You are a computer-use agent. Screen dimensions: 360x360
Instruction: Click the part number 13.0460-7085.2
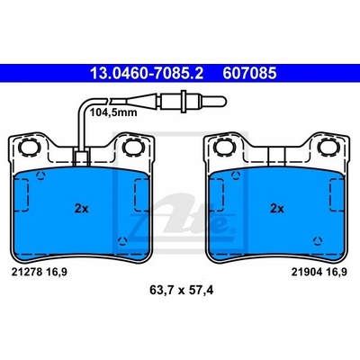(147, 74)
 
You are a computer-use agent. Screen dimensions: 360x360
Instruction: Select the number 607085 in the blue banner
(249, 74)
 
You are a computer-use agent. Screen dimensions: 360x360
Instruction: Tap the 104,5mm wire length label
(113, 112)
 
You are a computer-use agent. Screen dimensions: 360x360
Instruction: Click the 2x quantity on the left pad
(82, 209)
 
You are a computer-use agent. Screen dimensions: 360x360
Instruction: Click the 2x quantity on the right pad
(277, 209)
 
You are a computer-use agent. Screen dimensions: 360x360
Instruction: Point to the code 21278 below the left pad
(27, 272)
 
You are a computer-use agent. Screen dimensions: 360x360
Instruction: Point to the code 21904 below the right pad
(307, 272)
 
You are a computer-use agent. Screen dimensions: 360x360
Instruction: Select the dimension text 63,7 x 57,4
(181, 290)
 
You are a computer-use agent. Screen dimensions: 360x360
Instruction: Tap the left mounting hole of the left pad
(30, 148)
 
